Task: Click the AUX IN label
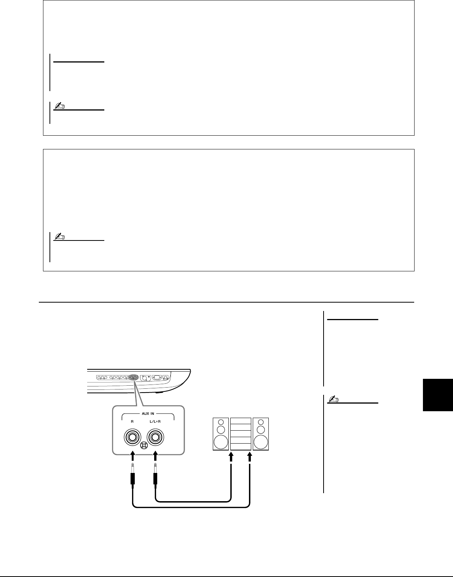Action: pyautogui.click(x=148, y=414)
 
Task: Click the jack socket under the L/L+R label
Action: pyautogui.click(x=155, y=437)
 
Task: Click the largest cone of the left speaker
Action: pyautogui.click(x=221, y=442)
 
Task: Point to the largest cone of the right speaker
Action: pyautogui.click(x=261, y=442)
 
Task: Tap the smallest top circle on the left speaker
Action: pyautogui.click(x=221, y=422)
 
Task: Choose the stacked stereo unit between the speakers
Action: pyautogui.click(x=241, y=433)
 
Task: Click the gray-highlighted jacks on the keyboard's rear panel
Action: pyautogui.click(x=133, y=377)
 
